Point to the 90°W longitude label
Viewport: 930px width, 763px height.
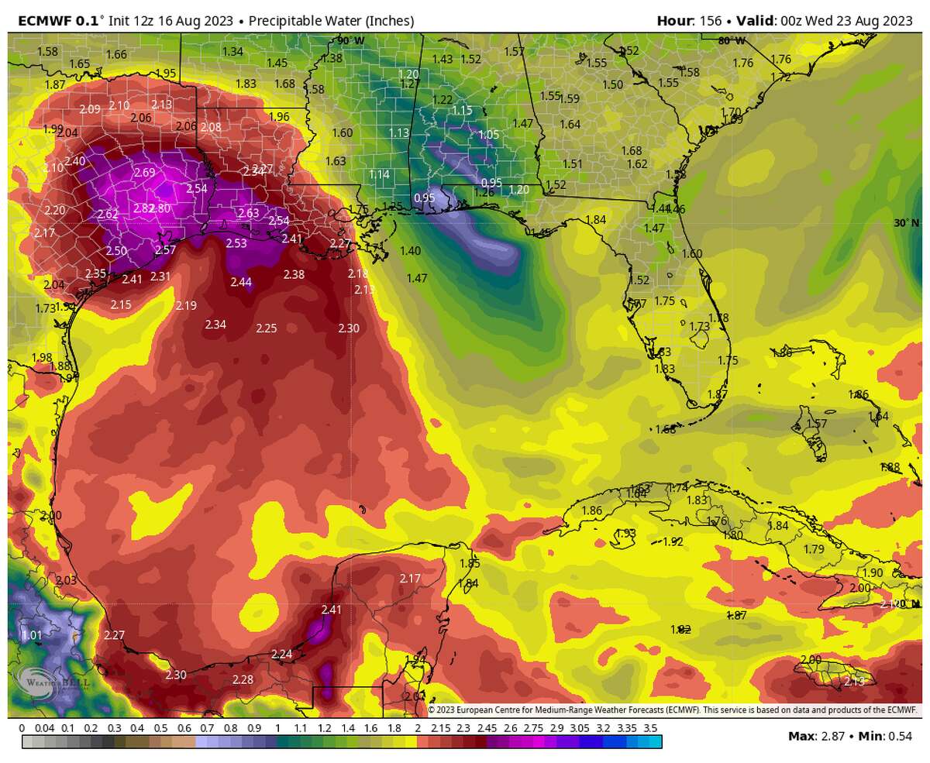pyautogui.click(x=350, y=40)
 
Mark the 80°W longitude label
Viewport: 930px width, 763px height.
pyautogui.click(x=732, y=40)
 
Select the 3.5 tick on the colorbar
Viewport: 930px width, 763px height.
pyautogui.click(x=650, y=728)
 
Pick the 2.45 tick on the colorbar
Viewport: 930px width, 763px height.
pyautogui.click(x=487, y=728)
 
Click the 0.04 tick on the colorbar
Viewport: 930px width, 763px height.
pyautogui.click(x=44, y=728)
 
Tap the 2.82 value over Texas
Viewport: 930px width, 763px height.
pyautogui.click(x=143, y=208)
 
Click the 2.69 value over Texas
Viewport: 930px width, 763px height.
pyautogui.click(x=144, y=173)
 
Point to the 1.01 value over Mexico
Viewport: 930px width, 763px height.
pyautogui.click(x=32, y=635)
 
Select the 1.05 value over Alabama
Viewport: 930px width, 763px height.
pyautogui.click(x=489, y=134)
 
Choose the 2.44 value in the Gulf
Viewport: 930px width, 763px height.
pyautogui.click(x=241, y=283)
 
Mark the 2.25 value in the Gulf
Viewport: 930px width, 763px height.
pyautogui.click(x=266, y=328)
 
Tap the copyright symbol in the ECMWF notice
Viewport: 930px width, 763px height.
pyautogui.click(x=432, y=710)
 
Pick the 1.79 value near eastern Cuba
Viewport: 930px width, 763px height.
pyautogui.click(x=814, y=549)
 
